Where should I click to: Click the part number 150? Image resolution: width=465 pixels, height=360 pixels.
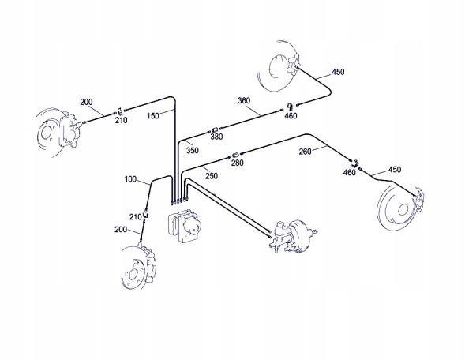pos(152,115)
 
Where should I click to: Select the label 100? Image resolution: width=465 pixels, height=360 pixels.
pos(130,179)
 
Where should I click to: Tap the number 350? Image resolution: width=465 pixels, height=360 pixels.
pos(192,150)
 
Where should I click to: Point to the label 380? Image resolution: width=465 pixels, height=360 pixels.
pos(216,137)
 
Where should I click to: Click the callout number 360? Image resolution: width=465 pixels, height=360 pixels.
pos(244,100)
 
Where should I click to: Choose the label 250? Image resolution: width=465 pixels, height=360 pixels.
pos(212,176)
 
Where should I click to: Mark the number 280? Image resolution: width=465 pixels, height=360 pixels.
pos(238,163)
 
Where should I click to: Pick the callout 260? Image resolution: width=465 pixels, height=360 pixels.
pos(305,152)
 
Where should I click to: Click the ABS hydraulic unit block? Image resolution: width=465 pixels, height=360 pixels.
pos(185,226)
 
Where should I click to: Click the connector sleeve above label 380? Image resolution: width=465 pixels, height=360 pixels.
pos(215,129)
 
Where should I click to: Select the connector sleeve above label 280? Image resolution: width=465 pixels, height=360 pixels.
pos(235,155)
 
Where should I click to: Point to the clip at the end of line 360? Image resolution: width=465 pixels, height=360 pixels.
pos(290,107)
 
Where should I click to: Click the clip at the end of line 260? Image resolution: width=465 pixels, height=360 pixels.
pos(354,162)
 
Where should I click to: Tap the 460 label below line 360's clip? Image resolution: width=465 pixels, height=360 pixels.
pos(291,115)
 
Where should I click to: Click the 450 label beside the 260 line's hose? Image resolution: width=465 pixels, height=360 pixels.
pos(395,170)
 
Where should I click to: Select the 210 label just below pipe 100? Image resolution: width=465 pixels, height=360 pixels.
pos(135,217)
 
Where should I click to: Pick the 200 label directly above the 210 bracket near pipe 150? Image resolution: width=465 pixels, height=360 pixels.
pos(86,102)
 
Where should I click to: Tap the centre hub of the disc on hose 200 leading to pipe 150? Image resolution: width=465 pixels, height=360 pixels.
pos(46,133)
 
